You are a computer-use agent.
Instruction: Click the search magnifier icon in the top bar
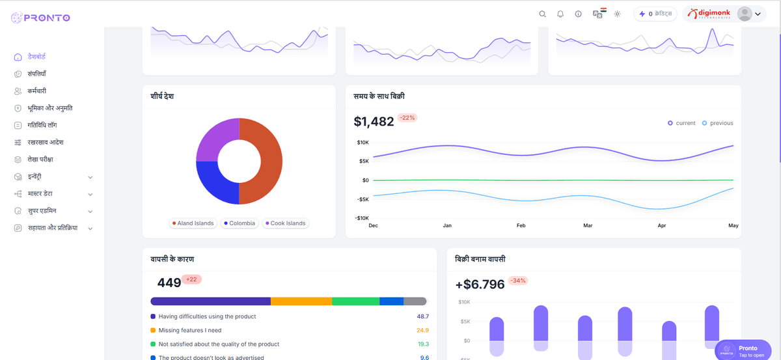click(542, 14)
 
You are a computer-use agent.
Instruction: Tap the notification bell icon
click(560, 14)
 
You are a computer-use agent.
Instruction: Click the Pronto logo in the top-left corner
click(40, 18)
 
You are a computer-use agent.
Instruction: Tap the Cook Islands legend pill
click(285, 223)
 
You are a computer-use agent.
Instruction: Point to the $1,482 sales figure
click(374, 122)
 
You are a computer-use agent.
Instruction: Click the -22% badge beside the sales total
click(407, 118)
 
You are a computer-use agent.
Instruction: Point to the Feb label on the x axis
click(521, 225)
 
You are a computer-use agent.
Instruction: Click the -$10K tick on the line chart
click(362, 218)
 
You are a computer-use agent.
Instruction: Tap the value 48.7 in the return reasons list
click(422, 316)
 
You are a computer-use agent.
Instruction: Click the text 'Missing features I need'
click(190, 330)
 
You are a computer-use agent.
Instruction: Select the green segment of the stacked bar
click(355, 301)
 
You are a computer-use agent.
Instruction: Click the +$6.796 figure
click(480, 284)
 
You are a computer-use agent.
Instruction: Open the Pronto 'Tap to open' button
click(743, 351)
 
